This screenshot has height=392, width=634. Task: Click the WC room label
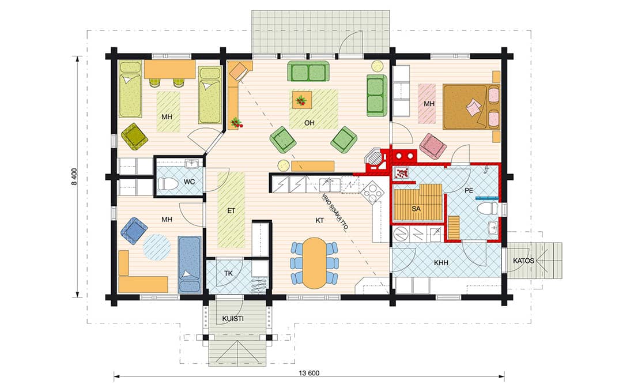pyautogui.click(x=189, y=182)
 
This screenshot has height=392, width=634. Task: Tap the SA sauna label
pyautogui.click(x=416, y=209)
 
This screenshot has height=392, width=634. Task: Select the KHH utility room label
pyautogui.click(x=441, y=263)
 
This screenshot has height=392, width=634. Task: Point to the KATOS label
pyautogui.click(x=523, y=261)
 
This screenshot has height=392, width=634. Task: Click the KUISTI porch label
pyautogui.click(x=233, y=319)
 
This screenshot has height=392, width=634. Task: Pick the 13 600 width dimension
pyautogui.click(x=309, y=373)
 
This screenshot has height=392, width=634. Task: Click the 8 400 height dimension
pyautogui.click(x=74, y=177)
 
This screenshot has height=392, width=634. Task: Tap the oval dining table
pyautogui.click(x=314, y=263)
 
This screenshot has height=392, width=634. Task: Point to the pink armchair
pyautogui.click(x=433, y=146)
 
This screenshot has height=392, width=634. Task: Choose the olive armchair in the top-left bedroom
pyautogui.click(x=134, y=136)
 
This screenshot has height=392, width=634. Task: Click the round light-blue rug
pyautogui.click(x=156, y=247)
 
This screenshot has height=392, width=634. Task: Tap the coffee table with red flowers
pyautogui.click(x=302, y=100)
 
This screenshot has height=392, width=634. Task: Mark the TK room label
pyautogui.click(x=228, y=273)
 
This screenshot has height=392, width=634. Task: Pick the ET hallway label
pyautogui.click(x=231, y=211)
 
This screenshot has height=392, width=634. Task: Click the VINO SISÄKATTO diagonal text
pyautogui.click(x=335, y=212)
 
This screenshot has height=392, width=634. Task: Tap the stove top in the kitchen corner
pyautogui.click(x=372, y=192)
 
